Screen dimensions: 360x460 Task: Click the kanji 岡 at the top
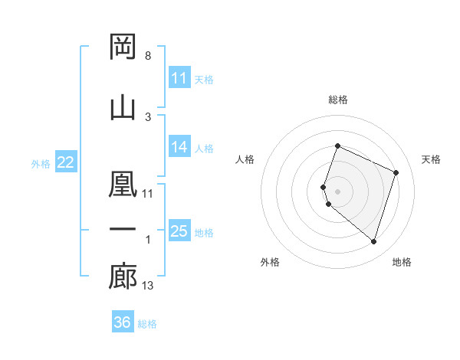point(123,47)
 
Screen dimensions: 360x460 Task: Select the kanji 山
point(123,106)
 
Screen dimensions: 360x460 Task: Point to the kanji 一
point(123,229)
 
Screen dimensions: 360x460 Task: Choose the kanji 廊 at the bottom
point(123,277)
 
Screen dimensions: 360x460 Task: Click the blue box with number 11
point(179,78)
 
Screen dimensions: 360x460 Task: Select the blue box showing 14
point(179,147)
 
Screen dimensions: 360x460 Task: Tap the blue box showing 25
point(179,231)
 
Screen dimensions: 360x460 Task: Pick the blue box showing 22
point(66,162)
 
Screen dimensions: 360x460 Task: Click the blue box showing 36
point(123,322)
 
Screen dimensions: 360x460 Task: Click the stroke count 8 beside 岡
point(147,57)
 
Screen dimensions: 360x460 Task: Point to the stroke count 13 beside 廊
point(148,286)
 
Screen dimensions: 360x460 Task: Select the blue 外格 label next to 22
point(41,163)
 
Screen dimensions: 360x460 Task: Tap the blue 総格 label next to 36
point(147,324)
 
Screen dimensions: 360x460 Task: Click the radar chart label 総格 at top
point(338,100)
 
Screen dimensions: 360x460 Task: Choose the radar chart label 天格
point(432,159)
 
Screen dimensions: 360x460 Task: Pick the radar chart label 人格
point(245,159)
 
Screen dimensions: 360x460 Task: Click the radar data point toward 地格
point(373,241)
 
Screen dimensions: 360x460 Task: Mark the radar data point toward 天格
point(396,172)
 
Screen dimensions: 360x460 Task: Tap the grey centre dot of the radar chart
point(338,191)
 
